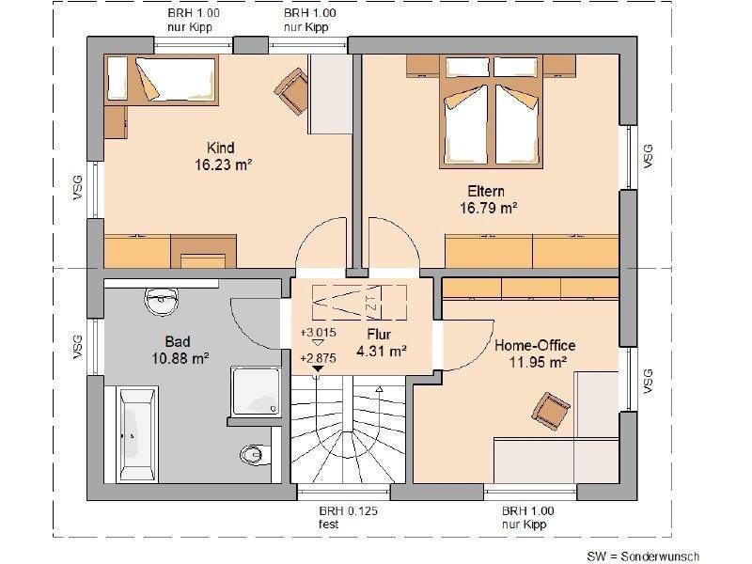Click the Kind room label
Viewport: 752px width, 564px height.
[221, 148]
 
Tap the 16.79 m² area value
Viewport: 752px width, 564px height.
[488, 208]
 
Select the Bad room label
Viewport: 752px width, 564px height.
[178, 341]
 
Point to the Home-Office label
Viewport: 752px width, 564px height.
[535, 345]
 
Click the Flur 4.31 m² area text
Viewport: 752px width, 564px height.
[382, 351]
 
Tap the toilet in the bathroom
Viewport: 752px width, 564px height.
[253, 454]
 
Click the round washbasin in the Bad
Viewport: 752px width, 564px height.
[162, 302]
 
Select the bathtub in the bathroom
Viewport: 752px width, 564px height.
[138, 433]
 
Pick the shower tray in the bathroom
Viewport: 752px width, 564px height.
[256, 391]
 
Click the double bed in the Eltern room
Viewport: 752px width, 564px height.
[491, 112]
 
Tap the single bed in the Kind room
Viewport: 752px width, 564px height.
[162, 80]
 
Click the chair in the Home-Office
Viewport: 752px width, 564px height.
[551, 411]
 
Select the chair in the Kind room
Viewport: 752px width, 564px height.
[292, 90]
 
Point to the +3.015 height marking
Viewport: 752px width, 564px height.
[318, 333]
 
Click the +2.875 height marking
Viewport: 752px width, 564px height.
[318, 358]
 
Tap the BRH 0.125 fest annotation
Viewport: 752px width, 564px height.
[348, 518]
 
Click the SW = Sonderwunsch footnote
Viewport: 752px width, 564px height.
[643, 556]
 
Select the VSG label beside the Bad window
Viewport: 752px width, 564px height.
[77, 347]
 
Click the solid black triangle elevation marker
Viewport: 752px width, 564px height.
[317, 368]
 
